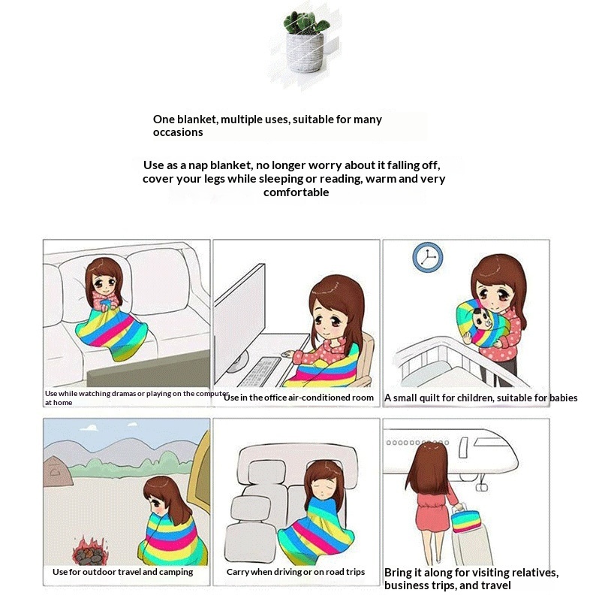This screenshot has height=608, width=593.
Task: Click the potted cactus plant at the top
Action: click(306, 42)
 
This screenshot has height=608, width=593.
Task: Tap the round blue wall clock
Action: click(428, 258)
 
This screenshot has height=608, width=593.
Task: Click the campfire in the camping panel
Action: click(90, 551)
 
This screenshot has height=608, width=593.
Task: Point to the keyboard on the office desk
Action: click(259, 372)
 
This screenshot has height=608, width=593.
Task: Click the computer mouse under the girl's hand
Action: click(287, 355)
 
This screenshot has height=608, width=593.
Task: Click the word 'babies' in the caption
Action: click(564, 398)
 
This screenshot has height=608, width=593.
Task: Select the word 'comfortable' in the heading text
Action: click(296, 192)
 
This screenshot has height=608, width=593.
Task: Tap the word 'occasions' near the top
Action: click(178, 132)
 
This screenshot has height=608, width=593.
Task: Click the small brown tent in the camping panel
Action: click(57, 470)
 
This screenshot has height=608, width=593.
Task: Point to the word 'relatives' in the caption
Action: click(536, 573)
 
